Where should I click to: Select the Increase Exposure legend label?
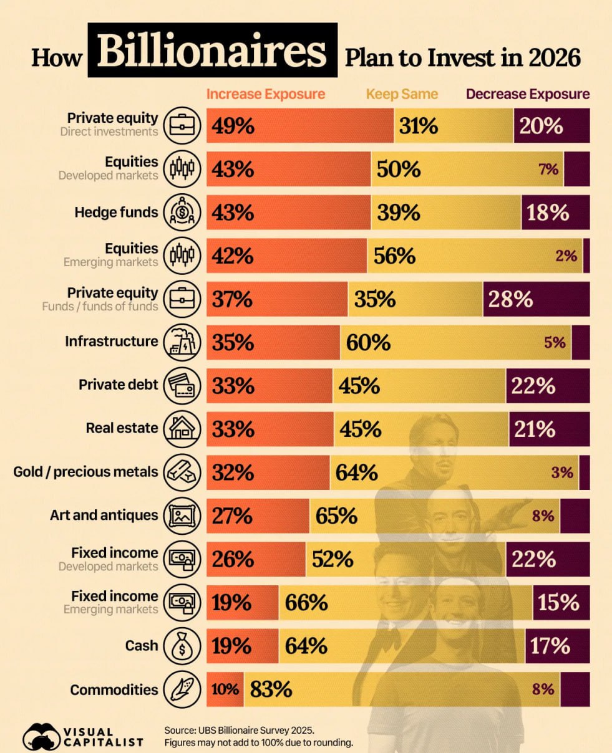(266, 94)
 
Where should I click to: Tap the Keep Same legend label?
(402, 94)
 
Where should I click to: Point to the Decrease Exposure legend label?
(528, 94)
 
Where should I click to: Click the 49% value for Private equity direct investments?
(233, 126)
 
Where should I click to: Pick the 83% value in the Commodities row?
(271, 689)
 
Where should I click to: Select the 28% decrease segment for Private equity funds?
(511, 299)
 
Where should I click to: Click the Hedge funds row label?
(117, 213)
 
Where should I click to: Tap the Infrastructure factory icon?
(182, 342)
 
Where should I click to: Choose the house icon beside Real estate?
(182, 429)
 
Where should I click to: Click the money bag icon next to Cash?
(182, 646)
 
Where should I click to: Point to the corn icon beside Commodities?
(182, 689)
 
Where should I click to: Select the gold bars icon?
(182, 472)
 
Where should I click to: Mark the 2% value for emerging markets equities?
(566, 256)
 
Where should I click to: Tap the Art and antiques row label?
(104, 516)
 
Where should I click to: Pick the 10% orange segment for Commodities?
(225, 689)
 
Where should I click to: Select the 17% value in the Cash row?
(550, 646)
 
